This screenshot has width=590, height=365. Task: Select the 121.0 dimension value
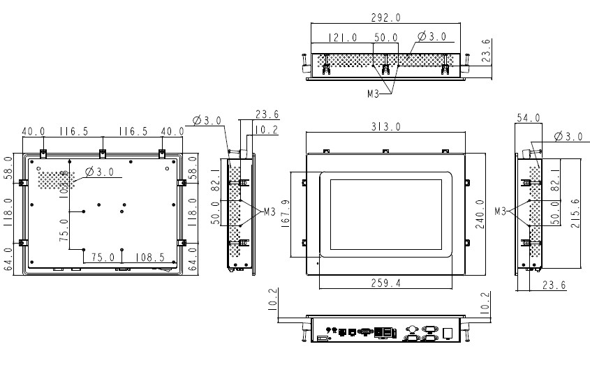343,38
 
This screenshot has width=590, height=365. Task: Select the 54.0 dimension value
529,119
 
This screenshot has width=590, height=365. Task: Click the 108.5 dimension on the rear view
149,257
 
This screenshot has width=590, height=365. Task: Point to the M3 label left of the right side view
501,210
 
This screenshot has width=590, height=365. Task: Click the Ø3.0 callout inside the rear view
99,172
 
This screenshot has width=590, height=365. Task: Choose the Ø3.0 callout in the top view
432,37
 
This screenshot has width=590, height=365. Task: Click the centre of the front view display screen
386,214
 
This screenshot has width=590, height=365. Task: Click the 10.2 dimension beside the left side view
265,130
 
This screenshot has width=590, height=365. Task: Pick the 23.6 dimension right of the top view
487,50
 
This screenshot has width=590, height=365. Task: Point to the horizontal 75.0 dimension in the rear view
103,257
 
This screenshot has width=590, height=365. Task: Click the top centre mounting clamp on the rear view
103,152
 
